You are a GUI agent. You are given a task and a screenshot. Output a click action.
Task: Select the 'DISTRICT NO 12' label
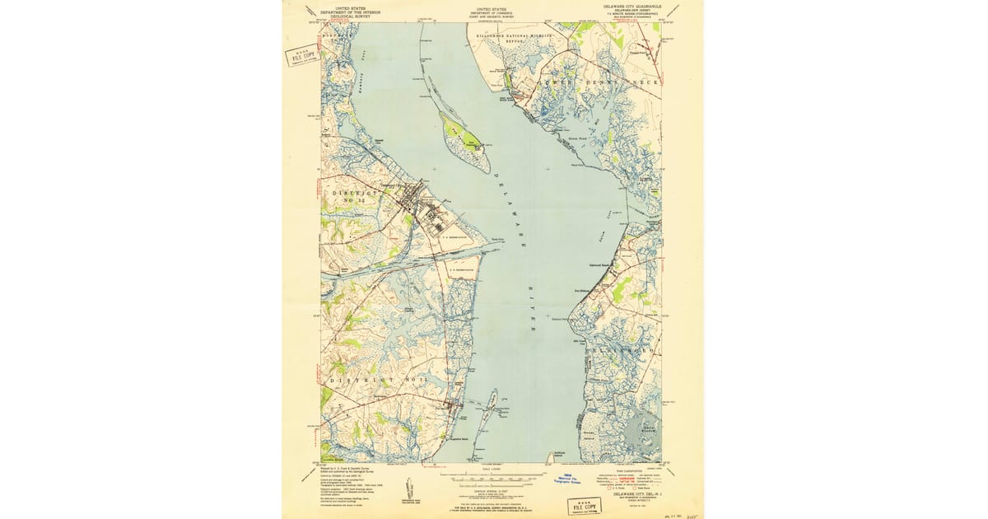pyautogui.click(x=355, y=197)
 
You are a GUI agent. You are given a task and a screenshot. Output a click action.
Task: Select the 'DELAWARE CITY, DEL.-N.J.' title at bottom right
pyautogui.click(x=629, y=495)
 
